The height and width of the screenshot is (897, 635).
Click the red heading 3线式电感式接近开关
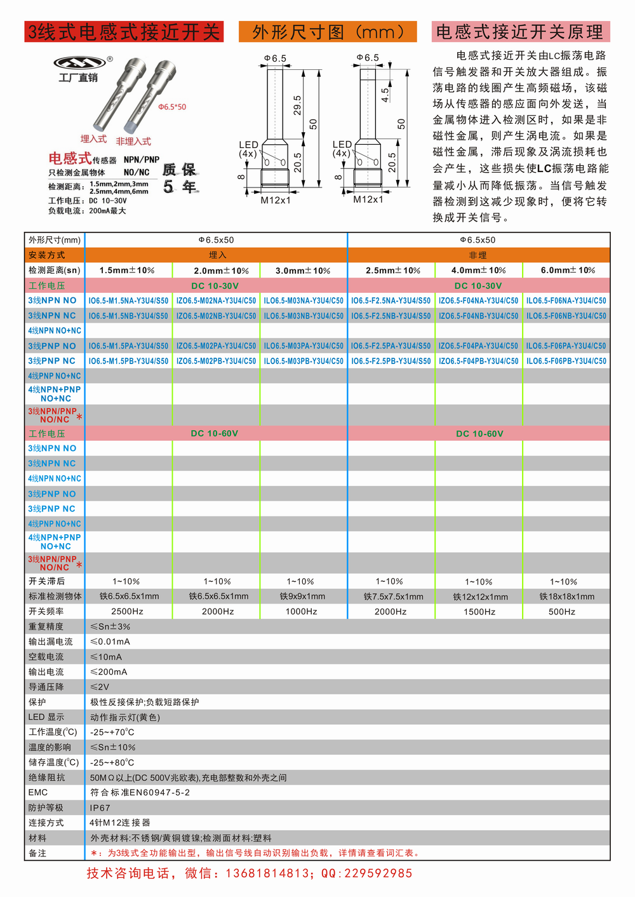pos(124,32)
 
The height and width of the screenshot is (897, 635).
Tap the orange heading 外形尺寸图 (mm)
pos(328,32)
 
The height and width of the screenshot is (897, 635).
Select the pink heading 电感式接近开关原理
pos(520,32)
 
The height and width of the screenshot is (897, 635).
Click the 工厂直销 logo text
pos(78,78)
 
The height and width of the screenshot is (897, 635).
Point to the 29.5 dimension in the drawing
pos(297,105)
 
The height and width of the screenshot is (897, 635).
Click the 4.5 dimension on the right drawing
pos(385,95)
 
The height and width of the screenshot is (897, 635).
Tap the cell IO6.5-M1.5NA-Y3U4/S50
pos(128,300)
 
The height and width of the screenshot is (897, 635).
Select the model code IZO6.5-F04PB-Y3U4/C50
pos(478,361)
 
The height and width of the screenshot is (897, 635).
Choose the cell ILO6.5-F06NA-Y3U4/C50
pos(566,300)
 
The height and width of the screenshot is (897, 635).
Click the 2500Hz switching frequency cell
pos(127,611)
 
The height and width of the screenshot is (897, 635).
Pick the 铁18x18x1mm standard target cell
pos(566,597)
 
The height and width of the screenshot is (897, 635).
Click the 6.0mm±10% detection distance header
pos(568,270)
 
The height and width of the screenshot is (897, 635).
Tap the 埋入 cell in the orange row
pos(217,255)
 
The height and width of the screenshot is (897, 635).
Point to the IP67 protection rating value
pos(100,808)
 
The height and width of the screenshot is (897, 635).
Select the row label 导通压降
pos(46,687)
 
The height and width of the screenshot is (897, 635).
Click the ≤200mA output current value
pos(109,671)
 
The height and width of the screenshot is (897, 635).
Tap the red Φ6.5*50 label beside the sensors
pos(172,107)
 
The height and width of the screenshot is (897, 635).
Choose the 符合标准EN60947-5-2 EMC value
pos(140,793)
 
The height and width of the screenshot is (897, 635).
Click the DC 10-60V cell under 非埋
pos(479,434)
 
